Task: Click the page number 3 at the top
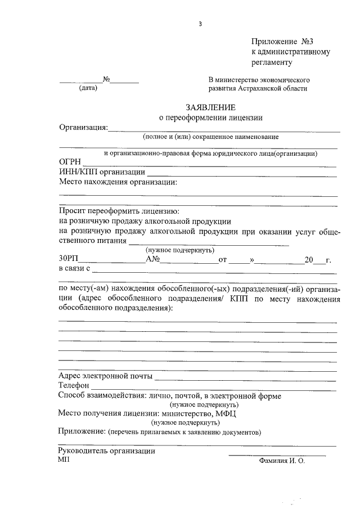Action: coord(200,24)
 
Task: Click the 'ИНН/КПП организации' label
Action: coord(102,172)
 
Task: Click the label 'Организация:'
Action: coord(83,128)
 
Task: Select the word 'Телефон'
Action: coord(74,386)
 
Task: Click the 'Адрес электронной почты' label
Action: coord(105,376)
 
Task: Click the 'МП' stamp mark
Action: coord(62,460)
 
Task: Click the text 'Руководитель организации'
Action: coord(107,451)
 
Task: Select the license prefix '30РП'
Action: coord(69,259)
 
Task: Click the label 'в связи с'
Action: coord(75,269)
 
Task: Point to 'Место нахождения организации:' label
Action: coord(118,182)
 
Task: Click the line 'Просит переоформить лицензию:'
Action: coord(119,211)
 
